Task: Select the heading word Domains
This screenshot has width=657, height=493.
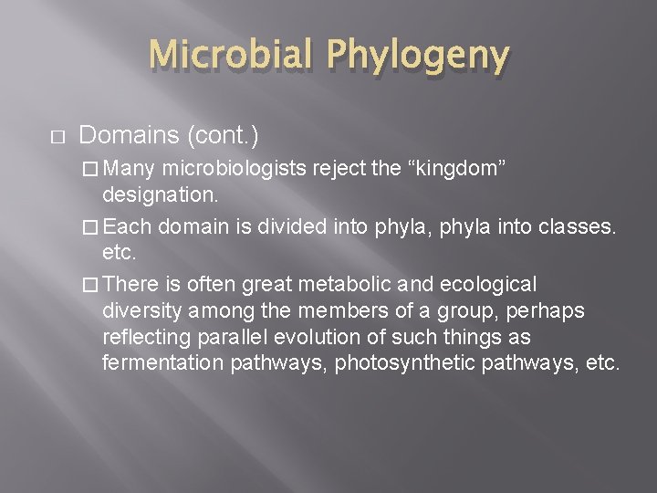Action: (130, 136)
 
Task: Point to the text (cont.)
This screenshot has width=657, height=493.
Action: (223, 136)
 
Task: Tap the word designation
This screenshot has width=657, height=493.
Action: (160, 194)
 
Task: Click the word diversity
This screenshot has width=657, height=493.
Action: (139, 311)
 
